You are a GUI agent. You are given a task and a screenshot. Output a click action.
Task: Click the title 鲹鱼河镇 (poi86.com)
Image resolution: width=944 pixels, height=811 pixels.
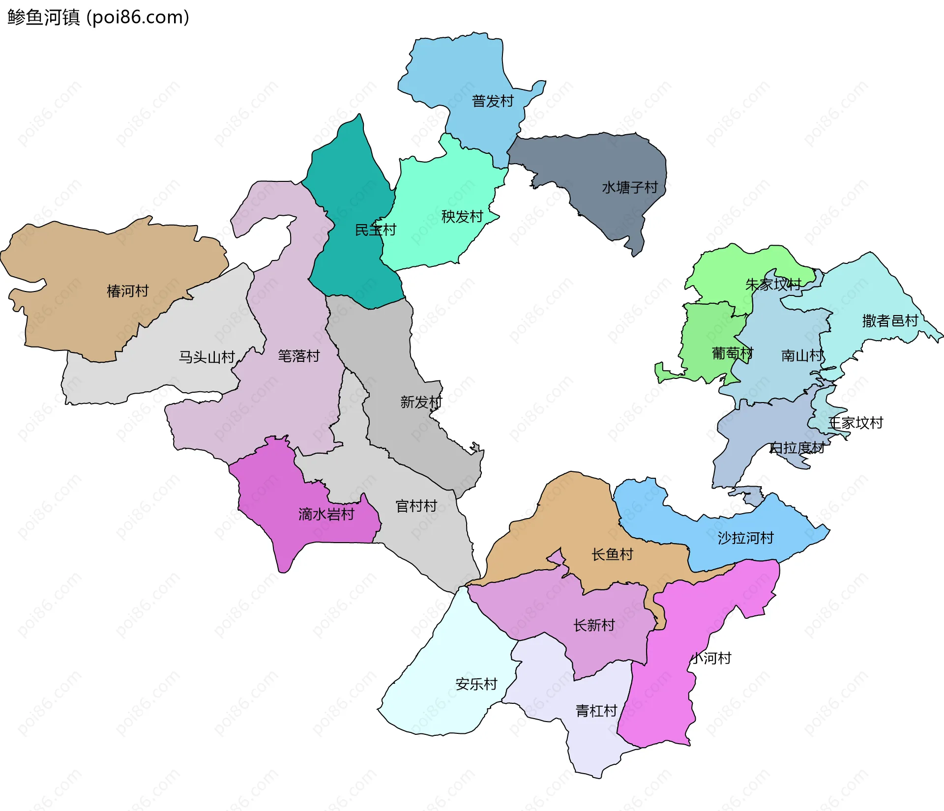click(98, 17)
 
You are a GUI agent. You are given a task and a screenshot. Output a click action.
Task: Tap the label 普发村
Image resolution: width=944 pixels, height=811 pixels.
click(493, 101)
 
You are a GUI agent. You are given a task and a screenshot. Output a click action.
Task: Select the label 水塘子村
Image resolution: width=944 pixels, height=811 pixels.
click(630, 188)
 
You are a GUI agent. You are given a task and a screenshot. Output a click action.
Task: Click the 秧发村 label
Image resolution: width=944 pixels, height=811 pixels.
click(462, 217)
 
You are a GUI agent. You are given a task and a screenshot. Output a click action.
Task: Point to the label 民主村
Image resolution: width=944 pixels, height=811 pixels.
click(376, 230)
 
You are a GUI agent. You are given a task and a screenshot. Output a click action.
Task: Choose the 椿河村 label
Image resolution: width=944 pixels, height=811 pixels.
click(128, 291)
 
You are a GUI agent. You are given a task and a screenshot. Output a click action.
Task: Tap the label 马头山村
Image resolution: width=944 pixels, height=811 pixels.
click(206, 357)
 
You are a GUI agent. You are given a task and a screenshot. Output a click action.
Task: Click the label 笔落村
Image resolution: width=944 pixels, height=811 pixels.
click(299, 356)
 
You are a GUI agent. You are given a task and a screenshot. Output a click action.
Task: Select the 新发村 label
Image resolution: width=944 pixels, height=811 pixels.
click(421, 402)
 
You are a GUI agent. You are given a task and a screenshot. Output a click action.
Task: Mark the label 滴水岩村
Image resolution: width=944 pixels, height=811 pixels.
click(326, 514)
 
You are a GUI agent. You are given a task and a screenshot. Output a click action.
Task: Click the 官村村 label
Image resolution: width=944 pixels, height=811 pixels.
click(416, 506)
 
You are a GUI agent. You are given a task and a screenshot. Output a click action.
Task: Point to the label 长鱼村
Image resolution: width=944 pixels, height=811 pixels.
click(612, 554)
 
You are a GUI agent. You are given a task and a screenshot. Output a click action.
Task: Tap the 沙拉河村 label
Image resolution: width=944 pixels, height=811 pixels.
click(745, 538)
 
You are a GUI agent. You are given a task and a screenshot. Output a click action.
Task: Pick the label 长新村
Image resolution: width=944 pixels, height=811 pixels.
click(594, 625)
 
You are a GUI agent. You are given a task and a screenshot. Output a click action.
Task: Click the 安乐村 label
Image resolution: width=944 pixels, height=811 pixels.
click(476, 684)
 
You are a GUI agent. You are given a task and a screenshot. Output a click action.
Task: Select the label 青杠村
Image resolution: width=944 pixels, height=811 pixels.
click(596, 711)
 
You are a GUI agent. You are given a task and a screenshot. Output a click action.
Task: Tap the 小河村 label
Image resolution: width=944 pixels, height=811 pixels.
click(711, 658)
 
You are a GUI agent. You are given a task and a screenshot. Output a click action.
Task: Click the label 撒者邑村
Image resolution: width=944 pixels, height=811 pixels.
click(890, 321)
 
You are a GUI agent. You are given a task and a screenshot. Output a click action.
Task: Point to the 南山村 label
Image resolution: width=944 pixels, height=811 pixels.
click(802, 355)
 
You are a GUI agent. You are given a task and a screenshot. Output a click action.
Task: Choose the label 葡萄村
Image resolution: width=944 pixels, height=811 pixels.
click(733, 353)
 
